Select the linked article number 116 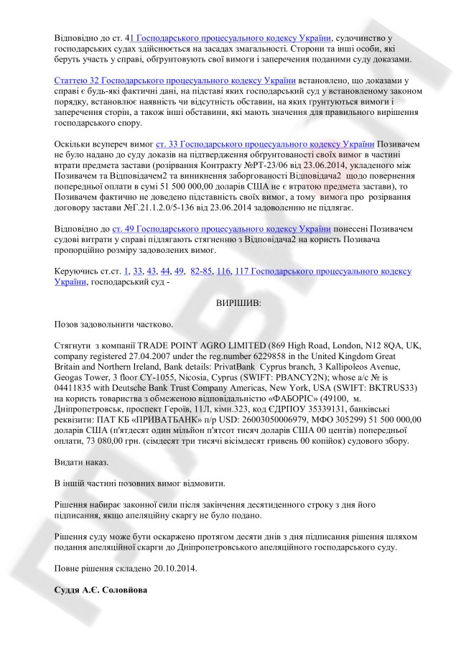223,271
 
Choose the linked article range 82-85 200,271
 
